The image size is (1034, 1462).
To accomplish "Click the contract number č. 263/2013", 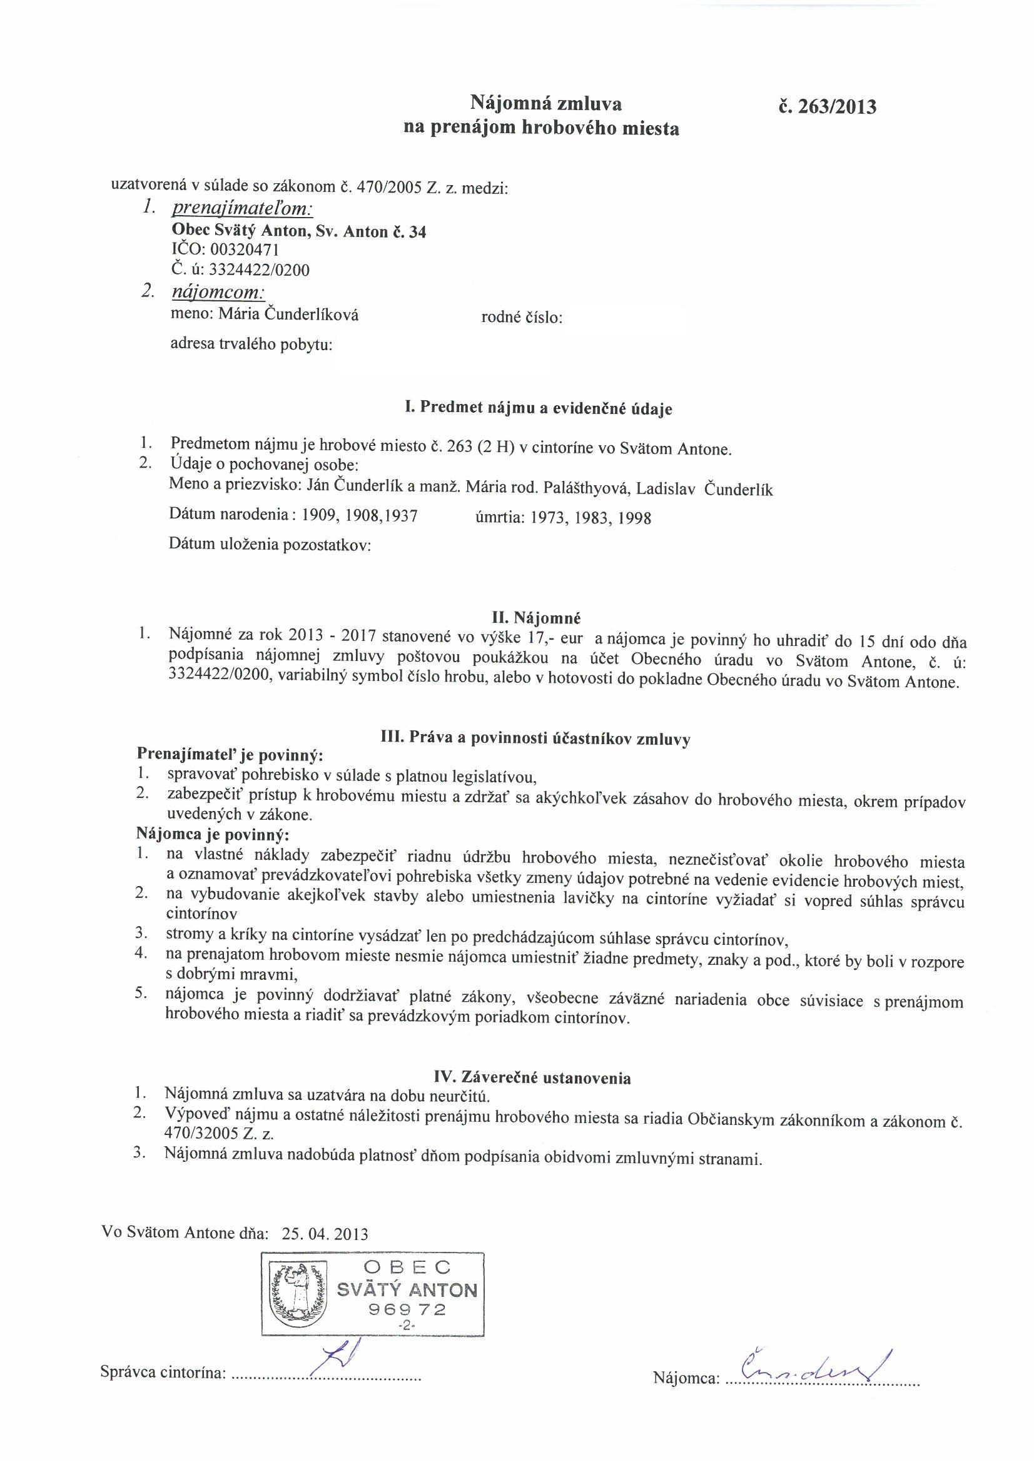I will (827, 106).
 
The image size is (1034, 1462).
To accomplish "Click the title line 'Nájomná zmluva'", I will (546, 103).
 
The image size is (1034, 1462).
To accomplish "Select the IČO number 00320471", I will (245, 250).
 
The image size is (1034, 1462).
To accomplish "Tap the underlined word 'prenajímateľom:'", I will (242, 209).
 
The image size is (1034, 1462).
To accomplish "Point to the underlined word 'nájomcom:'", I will (218, 292).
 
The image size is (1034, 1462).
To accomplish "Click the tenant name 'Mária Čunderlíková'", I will (288, 314).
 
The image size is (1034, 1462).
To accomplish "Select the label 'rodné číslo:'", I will (522, 317).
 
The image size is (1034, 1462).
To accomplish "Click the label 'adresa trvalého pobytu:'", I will (251, 345).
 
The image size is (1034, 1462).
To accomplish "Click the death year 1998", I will (632, 518).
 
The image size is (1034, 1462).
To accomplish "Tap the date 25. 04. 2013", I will (324, 1233).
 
